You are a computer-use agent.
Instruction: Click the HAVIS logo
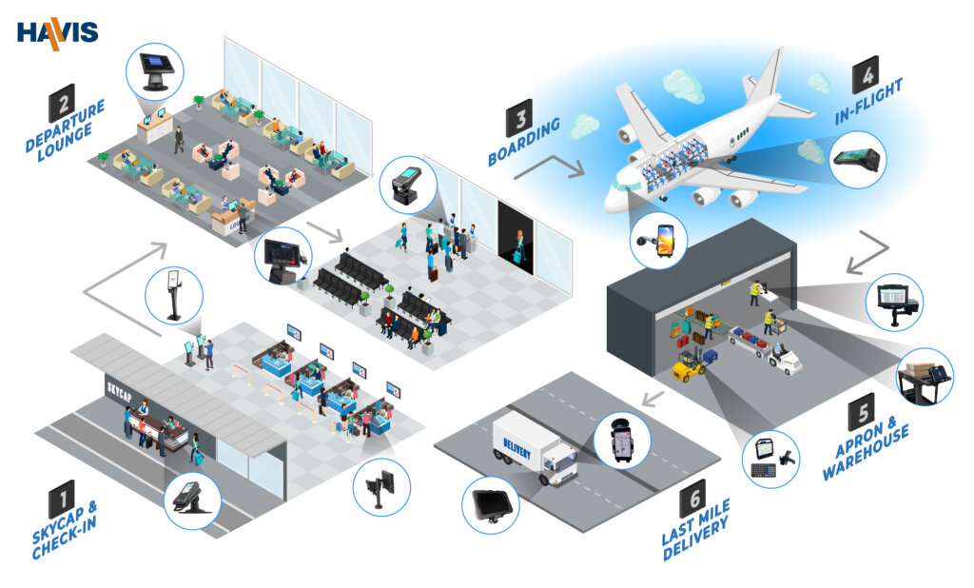pos(58,33)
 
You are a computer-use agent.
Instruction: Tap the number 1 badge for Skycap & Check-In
pos(62,499)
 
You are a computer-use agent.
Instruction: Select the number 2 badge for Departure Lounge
pos(62,103)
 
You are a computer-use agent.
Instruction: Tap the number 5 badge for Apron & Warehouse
pos(862,411)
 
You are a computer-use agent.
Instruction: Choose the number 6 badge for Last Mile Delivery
pos(692,499)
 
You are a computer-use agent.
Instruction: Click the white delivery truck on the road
pos(535,449)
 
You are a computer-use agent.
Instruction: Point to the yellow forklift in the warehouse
pos(691,365)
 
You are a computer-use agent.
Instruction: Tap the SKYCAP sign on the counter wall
pos(119,392)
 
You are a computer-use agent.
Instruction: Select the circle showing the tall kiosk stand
pos(174,296)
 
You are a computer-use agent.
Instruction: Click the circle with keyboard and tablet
pos(770,459)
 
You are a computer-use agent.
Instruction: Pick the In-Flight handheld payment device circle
pos(858,159)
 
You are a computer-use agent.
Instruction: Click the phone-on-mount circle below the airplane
pos(658,240)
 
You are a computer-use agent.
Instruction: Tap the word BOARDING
pos(524,142)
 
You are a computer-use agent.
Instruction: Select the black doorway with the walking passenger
pos(516,238)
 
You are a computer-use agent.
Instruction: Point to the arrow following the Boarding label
pos(550,167)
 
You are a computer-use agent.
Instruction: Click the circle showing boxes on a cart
pos(925,377)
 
